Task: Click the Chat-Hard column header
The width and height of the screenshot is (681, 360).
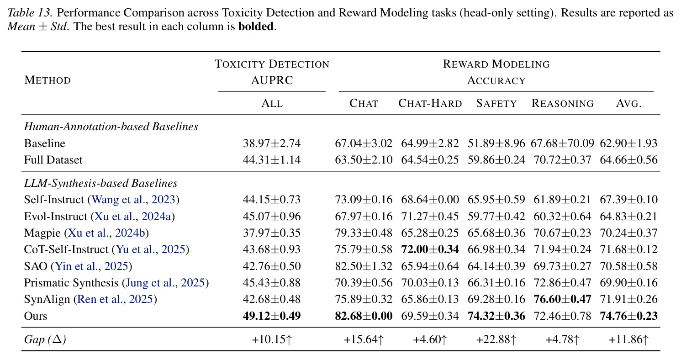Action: click(x=430, y=103)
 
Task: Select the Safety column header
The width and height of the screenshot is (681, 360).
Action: click(x=496, y=103)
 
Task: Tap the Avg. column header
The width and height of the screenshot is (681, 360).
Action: click(x=629, y=103)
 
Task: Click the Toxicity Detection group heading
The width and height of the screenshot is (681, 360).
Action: click(x=272, y=64)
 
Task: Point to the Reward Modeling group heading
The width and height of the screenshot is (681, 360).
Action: click(x=496, y=64)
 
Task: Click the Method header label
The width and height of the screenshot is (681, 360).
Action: click(x=48, y=80)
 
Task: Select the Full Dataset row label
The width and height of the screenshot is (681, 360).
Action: click(x=53, y=159)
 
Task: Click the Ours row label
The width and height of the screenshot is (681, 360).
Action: click(x=36, y=316)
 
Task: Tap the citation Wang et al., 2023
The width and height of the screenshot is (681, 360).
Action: click(x=133, y=200)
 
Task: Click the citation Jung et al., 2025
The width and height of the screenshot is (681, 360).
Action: click(x=165, y=283)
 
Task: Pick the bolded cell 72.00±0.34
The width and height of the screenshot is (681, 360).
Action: click(x=430, y=249)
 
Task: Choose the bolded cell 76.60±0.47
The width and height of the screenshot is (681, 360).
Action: click(x=562, y=299)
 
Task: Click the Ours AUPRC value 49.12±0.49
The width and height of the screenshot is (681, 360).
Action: click(x=272, y=316)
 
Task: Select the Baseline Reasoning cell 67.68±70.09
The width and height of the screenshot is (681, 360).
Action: click(x=562, y=143)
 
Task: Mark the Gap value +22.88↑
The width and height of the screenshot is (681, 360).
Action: click(x=496, y=339)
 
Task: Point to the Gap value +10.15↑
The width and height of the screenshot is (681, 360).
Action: click(x=272, y=339)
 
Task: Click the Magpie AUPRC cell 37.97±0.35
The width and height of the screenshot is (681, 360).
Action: click(x=272, y=233)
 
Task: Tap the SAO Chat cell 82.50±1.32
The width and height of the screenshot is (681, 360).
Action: click(x=364, y=266)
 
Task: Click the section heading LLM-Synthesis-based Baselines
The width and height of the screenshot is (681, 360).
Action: click(x=100, y=183)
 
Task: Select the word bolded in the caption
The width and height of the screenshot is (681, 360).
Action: click(x=256, y=26)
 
